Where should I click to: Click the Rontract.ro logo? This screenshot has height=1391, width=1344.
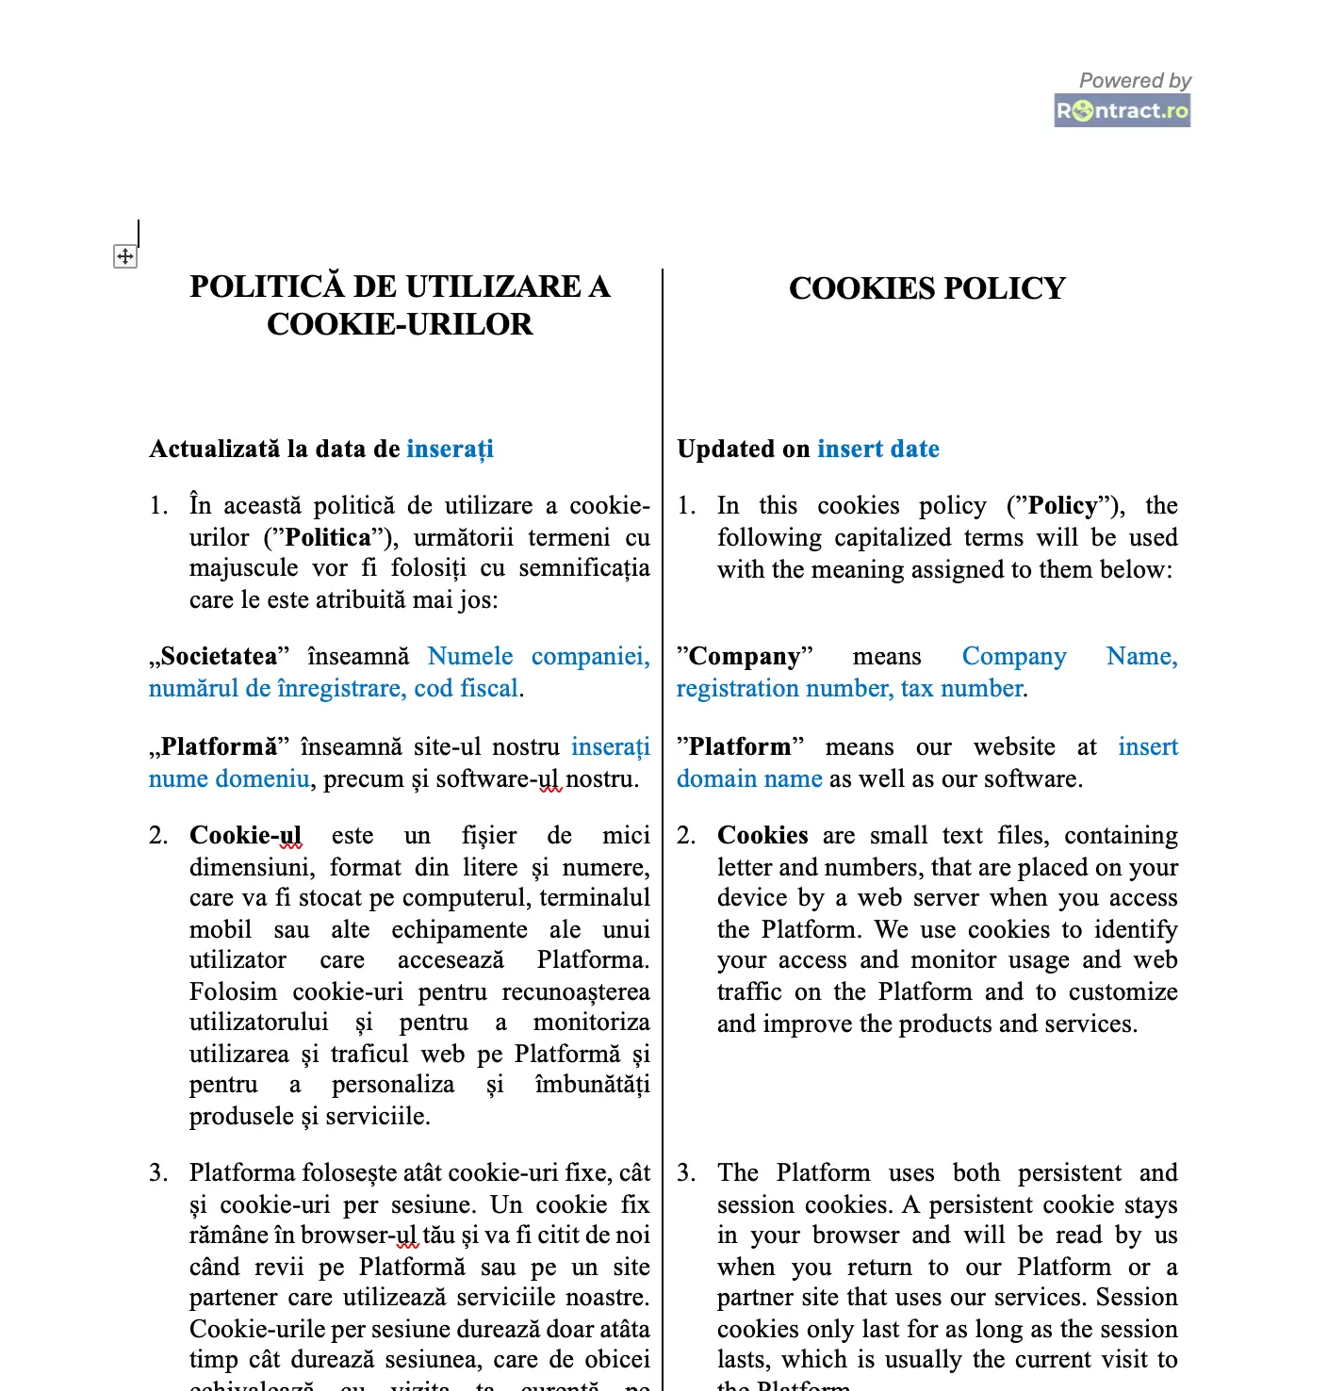coord(1122,110)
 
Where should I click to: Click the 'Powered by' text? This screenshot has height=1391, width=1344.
coord(1135,80)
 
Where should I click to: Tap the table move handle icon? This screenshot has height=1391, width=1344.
coord(125,256)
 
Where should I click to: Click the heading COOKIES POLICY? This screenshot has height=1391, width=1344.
coord(926,288)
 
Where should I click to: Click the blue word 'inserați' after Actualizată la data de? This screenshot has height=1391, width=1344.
coord(450,449)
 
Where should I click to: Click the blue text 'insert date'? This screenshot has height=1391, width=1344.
coord(878,449)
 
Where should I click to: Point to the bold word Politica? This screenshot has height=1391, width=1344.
coord(328,537)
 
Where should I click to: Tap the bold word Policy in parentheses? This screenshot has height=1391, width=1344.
coord(1062,506)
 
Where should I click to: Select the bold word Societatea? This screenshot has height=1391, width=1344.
coord(219,656)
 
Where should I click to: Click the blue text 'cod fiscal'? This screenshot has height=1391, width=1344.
coord(466,688)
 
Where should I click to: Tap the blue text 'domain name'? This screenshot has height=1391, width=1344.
coord(749,778)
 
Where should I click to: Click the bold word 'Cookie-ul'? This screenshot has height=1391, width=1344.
coord(245,835)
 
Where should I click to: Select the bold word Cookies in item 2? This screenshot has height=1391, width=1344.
coord(762,835)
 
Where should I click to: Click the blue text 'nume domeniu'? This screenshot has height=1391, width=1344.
coord(229,778)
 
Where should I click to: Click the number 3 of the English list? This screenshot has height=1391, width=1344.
coord(685,1172)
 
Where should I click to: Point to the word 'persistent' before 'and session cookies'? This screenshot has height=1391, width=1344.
coord(1070,1172)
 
